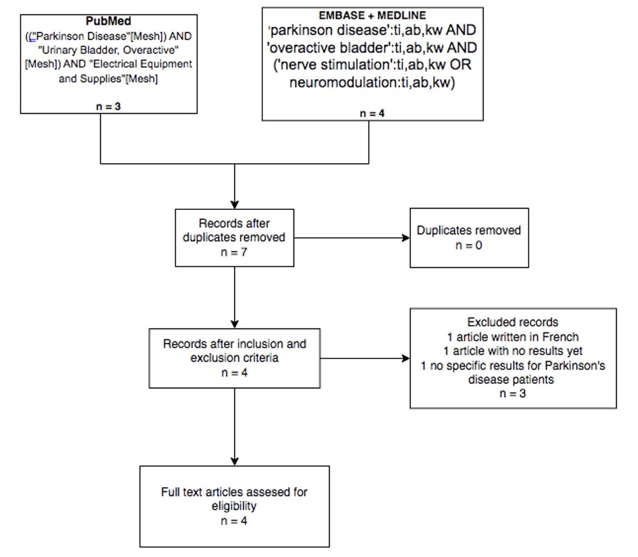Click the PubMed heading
pyautogui.click(x=108, y=21)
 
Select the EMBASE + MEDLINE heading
pyautogui.click(x=372, y=15)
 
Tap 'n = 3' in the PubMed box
pyautogui.click(x=108, y=106)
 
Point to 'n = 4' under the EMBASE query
pyautogui.click(x=372, y=113)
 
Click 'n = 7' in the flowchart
pyautogui.click(x=234, y=252)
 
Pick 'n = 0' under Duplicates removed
pyautogui.click(x=468, y=245)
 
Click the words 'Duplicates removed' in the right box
pyautogui.click(x=468, y=231)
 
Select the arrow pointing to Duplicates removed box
pyautogui.click(x=352, y=238)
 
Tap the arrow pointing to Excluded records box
pyautogui.click(x=365, y=358)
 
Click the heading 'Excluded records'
pyautogui.click(x=513, y=322)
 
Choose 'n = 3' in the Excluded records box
pyautogui.click(x=513, y=393)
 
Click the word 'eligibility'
pyautogui.click(x=234, y=506)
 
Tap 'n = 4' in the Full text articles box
pyautogui.click(x=234, y=521)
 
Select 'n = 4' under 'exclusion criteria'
pyautogui.click(x=235, y=373)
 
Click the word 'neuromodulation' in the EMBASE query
pyautogui.click(x=343, y=82)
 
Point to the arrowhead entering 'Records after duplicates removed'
pyautogui.click(x=235, y=205)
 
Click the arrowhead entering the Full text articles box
pyautogui.click(x=235, y=461)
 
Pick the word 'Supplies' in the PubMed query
pyautogui.click(x=103, y=79)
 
